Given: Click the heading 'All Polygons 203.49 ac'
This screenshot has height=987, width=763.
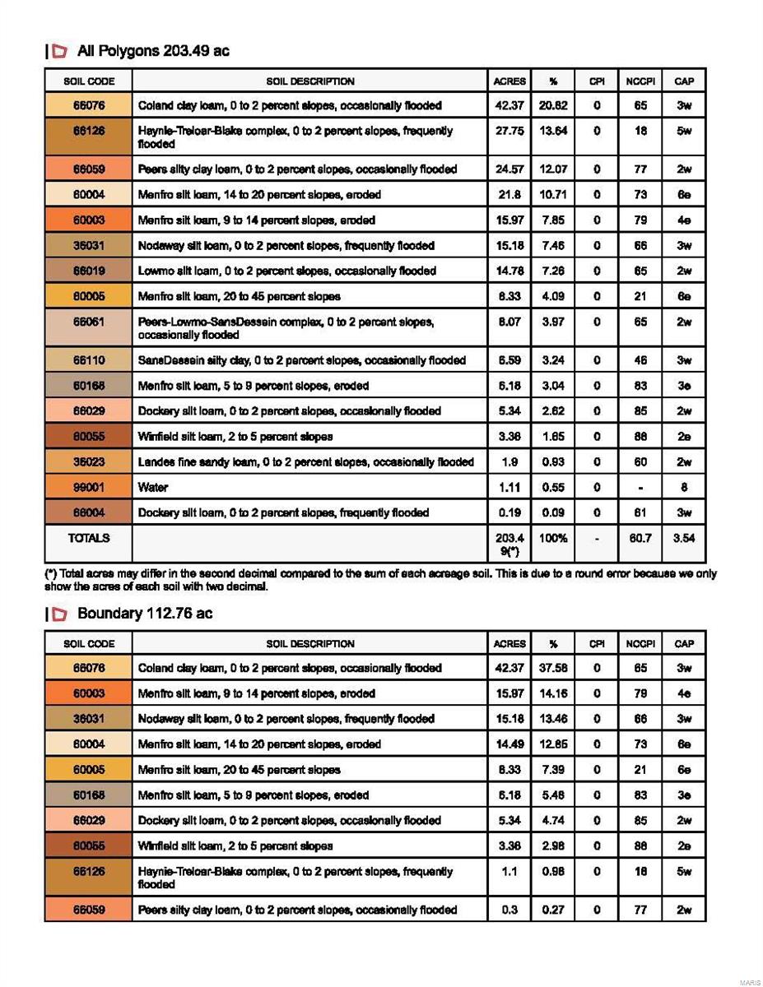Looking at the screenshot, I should coord(152,51).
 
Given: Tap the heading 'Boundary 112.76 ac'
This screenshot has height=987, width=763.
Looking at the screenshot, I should coord(144,614).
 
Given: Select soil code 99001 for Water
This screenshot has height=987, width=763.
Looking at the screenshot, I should coord(88,488).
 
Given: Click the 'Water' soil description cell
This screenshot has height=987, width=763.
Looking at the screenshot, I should coord(153,488).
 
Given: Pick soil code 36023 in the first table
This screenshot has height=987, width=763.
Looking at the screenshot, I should coord(88,462).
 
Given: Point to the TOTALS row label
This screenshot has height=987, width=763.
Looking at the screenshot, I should coord(88,538).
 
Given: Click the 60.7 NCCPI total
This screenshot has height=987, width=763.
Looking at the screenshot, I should coord(640,538).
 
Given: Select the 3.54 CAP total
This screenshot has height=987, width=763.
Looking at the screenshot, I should coord(683,538).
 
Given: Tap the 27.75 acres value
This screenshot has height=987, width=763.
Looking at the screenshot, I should coord(509,131).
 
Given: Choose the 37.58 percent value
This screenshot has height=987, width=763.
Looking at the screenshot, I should coord(553,668).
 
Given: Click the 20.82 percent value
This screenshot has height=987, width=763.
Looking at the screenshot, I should coord(553,105).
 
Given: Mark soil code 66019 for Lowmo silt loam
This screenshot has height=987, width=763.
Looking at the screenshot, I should coord(88,271).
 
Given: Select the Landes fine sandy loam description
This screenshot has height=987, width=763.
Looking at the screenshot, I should coord(305,462).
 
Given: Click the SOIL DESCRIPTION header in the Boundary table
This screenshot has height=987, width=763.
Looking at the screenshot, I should coord(309,644).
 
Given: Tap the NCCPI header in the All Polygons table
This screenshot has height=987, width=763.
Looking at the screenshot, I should coord(640,81).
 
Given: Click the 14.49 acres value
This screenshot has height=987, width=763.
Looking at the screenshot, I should coord(509,744).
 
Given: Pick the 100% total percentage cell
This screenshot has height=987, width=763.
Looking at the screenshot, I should coord(553,538).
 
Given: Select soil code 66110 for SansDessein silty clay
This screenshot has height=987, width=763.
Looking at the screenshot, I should coord(88,360).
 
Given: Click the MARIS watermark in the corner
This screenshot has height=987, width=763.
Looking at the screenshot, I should coord(749,982).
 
